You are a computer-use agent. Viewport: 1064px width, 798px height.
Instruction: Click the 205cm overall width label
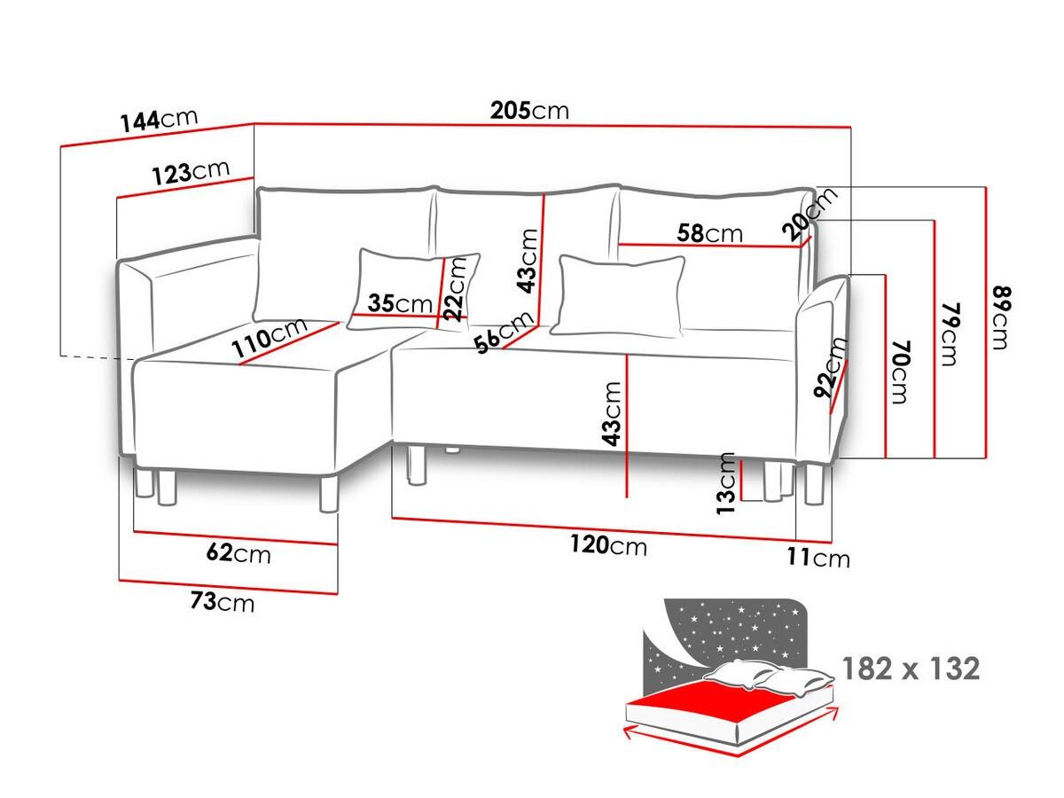coord(529,111)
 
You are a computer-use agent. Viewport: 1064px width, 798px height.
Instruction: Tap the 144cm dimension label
coord(159,121)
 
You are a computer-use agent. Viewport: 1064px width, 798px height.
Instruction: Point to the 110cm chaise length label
coord(270,337)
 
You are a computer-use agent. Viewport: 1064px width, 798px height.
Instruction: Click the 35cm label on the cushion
coord(400,304)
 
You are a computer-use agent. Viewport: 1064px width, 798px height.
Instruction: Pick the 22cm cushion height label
coord(455,289)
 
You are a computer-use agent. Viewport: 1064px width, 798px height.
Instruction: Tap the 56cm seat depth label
coord(505,332)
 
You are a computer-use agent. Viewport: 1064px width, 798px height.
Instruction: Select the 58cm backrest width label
coord(709,233)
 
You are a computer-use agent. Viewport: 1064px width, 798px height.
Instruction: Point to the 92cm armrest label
coord(830,367)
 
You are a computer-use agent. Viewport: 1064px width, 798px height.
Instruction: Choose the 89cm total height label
coord(1000,318)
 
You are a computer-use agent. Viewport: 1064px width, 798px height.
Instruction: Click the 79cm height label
coord(950,335)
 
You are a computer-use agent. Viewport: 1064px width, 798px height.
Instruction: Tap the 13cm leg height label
coord(726,483)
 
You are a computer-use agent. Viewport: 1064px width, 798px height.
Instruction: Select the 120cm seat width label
coord(608,545)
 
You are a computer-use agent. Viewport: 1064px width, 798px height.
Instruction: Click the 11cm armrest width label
coord(818,559)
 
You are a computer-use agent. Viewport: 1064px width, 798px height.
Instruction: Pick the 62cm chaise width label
coord(239,553)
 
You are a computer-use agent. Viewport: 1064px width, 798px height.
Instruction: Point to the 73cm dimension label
coord(222,602)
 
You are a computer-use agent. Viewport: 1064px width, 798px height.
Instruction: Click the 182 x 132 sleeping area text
coord(911,669)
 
